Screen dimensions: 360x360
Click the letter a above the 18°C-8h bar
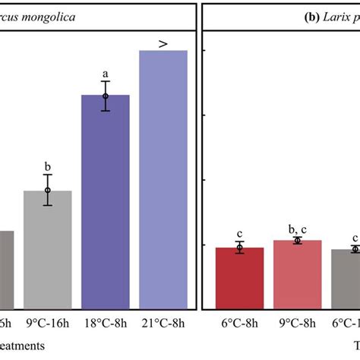pos(106,74)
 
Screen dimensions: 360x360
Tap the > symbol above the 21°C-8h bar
pos(163,44)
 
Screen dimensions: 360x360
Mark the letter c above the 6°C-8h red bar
pos(239,233)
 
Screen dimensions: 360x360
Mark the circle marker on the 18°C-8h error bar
pos(106,96)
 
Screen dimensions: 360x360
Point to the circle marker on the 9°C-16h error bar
pos(47,191)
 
